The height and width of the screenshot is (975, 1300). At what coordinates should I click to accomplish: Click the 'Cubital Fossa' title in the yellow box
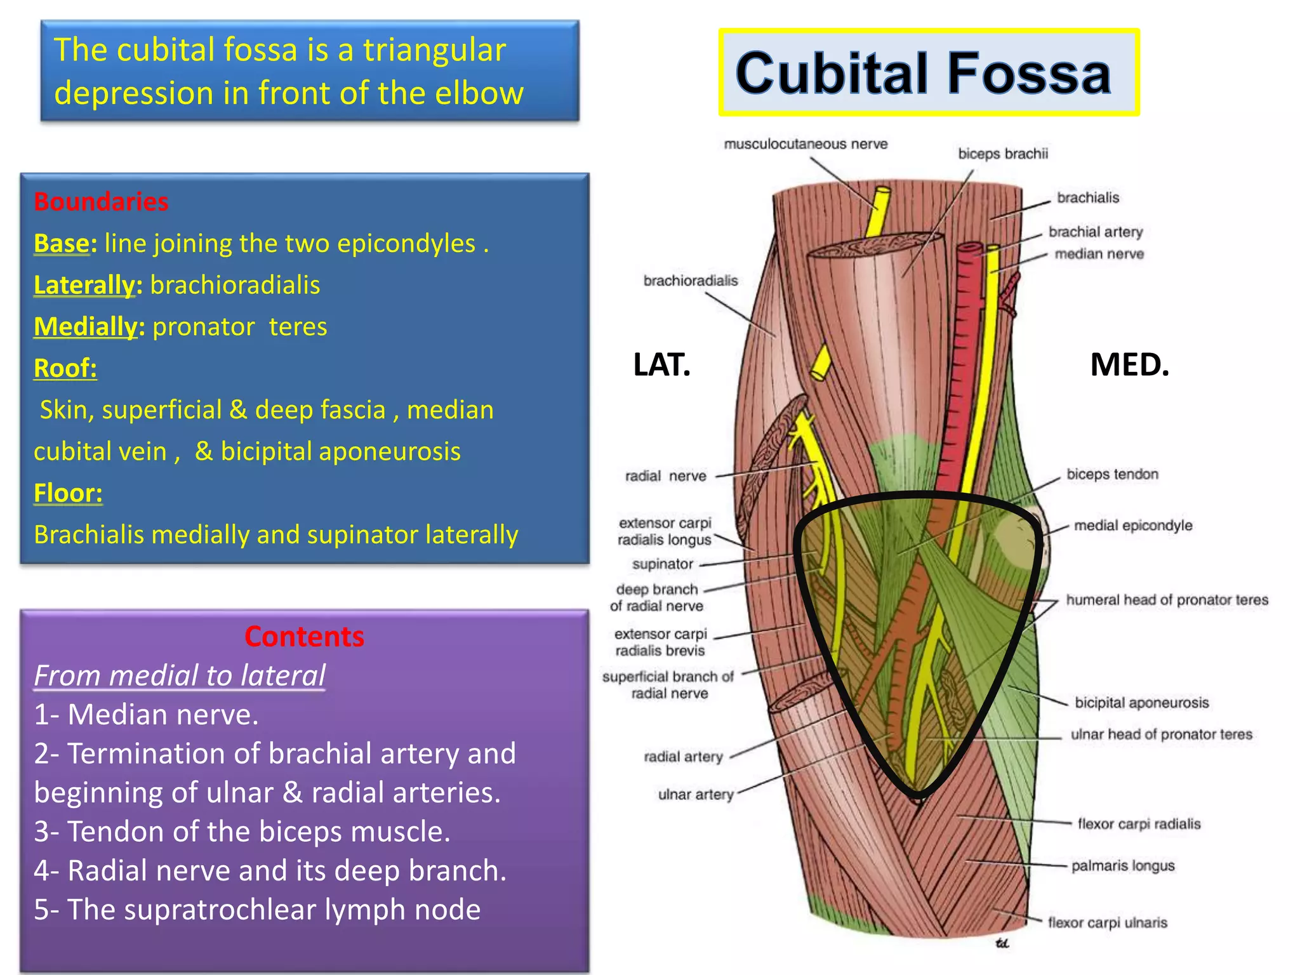[x=924, y=73]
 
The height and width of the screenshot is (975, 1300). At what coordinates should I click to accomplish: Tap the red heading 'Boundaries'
[x=101, y=202]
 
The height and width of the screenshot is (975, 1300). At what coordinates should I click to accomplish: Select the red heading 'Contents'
[x=304, y=636]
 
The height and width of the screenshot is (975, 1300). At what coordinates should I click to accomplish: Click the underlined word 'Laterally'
[x=84, y=285]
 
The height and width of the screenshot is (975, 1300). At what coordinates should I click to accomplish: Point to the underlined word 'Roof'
[x=65, y=368]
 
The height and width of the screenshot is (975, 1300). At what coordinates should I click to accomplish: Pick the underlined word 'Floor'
[x=68, y=493]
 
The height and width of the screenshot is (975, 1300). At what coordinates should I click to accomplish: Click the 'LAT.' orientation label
[x=661, y=365]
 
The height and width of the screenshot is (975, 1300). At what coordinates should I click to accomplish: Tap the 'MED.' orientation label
[x=1129, y=365]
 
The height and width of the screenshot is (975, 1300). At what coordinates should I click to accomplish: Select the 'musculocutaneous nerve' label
[x=806, y=144]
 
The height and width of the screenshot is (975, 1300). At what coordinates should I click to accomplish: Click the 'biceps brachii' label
[x=1003, y=154]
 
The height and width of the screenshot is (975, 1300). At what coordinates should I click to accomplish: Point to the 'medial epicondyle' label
[x=1133, y=526]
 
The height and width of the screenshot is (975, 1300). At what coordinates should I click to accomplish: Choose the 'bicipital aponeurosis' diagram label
[x=1141, y=703]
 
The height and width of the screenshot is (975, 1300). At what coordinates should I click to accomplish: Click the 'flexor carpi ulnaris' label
[x=1108, y=922]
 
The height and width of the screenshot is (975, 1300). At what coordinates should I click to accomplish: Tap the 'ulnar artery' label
[x=696, y=794]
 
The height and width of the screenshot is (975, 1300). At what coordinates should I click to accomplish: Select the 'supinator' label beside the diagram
[x=663, y=564]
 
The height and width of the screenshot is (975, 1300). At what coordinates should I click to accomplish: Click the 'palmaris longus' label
[x=1123, y=866]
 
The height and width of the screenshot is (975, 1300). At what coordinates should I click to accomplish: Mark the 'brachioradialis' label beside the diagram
[x=691, y=281]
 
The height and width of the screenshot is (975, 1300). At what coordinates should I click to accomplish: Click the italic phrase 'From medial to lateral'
[x=180, y=675]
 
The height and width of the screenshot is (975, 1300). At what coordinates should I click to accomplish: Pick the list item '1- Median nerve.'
[x=147, y=715]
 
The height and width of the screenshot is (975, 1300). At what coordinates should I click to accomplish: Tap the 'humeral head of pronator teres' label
[x=1167, y=600]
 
